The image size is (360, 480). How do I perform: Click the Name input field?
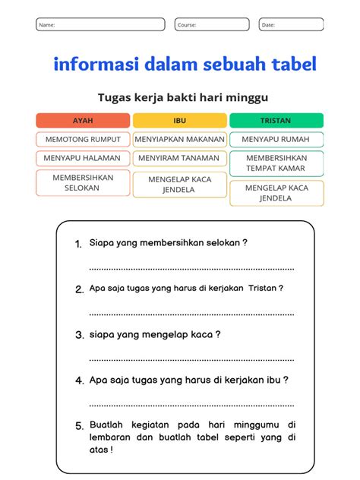[x=100, y=24]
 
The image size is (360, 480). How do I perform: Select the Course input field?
[x=212, y=24]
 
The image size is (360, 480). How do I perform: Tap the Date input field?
[x=291, y=24]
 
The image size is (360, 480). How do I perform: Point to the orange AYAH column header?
[x=83, y=120]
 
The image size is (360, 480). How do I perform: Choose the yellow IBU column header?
[x=180, y=120]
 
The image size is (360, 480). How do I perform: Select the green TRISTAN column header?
[x=276, y=120]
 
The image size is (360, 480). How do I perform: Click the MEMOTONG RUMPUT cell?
[x=83, y=140]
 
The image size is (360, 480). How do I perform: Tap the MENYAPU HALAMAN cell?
[x=83, y=159]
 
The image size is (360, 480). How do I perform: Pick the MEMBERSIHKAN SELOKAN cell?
[x=83, y=183]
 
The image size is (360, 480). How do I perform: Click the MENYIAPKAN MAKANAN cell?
[x=180, y=140]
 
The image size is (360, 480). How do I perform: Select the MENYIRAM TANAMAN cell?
[x=180, y=159]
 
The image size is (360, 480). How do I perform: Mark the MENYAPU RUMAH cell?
[x=276, y=140]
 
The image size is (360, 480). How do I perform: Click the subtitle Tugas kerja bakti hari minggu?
[x=183, y=97]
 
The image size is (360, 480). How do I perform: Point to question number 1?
[x=78, y=244]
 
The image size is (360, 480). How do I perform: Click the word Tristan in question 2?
[x=262, y=289]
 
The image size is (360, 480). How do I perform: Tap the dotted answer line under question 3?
[x=191, y=358]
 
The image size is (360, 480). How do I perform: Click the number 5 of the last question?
[x=78, y=426]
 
